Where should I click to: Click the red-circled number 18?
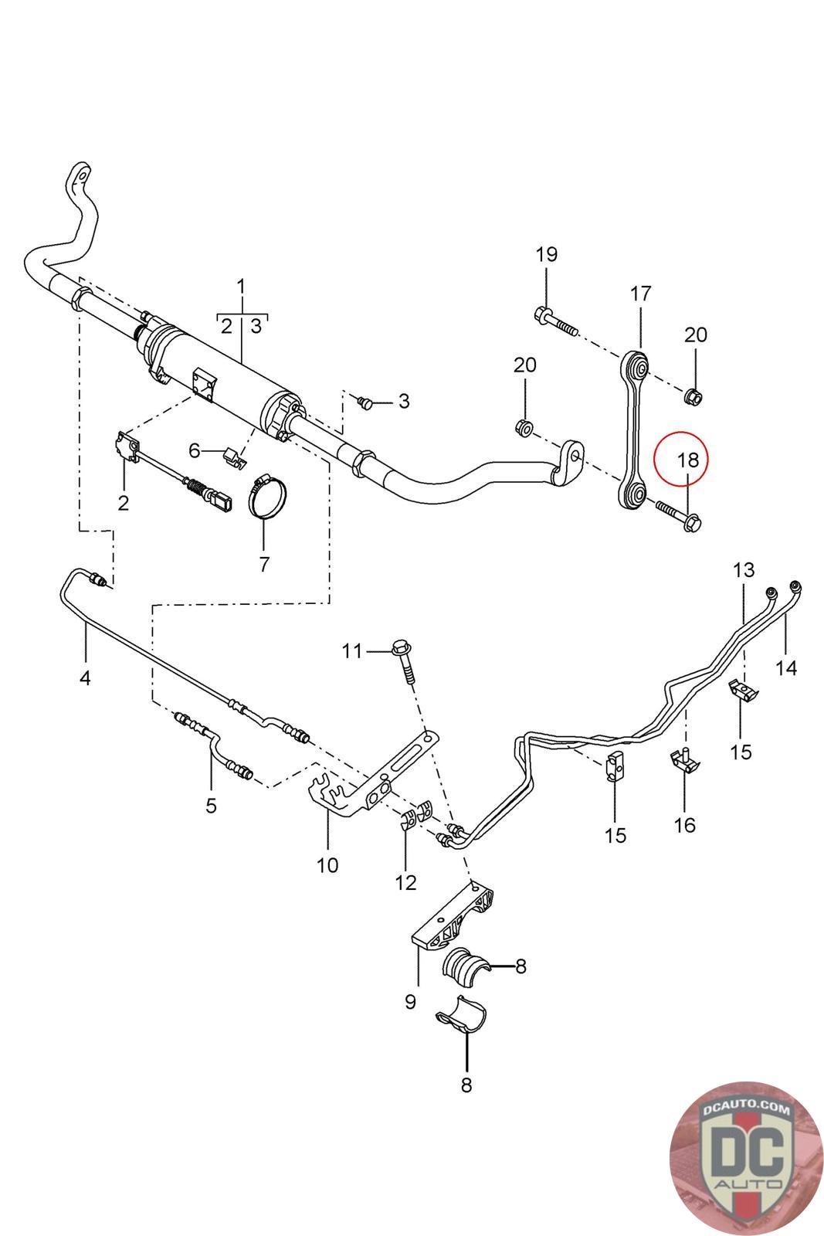coord(687,460)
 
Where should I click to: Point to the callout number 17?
coord(641,294)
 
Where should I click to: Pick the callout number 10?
coord(327,864)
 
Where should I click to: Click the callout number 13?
coord(743,571)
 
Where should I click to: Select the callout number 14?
coord(786,667)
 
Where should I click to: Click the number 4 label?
coord(85,678)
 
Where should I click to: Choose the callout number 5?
coord(211,806)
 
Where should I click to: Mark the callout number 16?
coord(685,825)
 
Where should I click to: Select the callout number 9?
coord(410,1001)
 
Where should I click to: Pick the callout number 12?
coord(405,882)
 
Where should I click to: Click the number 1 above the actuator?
coord(241,287)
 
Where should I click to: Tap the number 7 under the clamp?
coord(264,564)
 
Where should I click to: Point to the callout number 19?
coord(546,254)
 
